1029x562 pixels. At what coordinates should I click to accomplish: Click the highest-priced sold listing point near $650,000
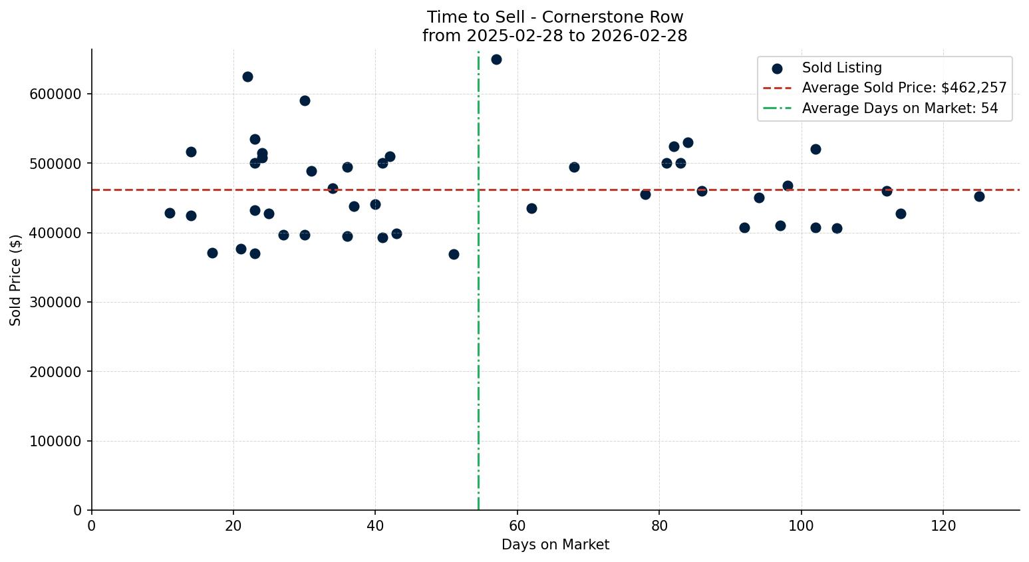[x=496, y=59]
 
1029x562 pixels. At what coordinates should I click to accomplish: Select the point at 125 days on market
[x=979, y=196]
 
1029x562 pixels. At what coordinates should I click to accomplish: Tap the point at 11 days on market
[x=170, y=213]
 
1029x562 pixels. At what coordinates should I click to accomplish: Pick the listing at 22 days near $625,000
[x=247, y=76]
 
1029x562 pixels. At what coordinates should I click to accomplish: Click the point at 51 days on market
[x=454, y=254]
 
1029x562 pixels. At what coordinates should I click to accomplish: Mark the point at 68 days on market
[x=574, y=167]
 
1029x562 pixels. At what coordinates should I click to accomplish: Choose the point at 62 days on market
[x=531, y=208]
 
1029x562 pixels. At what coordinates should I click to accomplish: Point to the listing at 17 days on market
[x=212, y=253]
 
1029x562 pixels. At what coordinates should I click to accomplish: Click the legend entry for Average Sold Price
[x=904, y=88]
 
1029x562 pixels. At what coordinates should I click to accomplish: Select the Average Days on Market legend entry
[x=899, y=108]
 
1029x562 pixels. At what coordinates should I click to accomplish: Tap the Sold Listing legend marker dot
[x=777, y=68]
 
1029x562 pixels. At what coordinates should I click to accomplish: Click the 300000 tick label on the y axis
[x=55, y=303]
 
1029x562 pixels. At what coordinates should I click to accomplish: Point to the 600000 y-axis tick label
[x=55, y=94]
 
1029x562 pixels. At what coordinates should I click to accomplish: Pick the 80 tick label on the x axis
[x=659, y=526]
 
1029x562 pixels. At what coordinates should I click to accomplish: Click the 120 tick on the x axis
[x=943, y=526]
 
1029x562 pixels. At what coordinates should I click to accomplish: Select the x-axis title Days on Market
[x=555, y=545]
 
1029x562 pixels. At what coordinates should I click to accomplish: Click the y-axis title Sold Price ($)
[x=16, y=280]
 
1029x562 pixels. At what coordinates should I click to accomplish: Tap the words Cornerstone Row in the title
[x=613, y=17]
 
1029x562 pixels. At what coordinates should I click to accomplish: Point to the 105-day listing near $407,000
[x=837, y=228]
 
